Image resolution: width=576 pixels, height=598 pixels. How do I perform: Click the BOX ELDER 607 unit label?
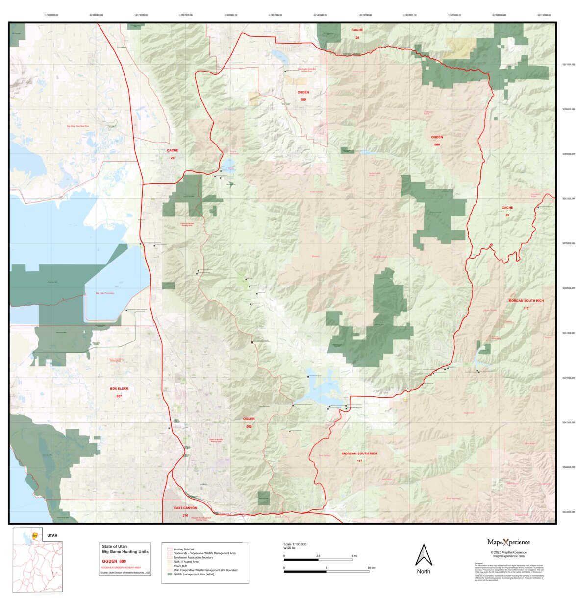119,392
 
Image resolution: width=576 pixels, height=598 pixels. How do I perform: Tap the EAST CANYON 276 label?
185,511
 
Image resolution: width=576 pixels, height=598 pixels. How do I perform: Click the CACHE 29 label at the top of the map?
357,33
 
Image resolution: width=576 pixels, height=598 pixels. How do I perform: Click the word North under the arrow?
424,571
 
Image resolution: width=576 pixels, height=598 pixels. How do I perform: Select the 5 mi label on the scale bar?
354,556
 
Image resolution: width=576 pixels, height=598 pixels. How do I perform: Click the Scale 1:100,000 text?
295,544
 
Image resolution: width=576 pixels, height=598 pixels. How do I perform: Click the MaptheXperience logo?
508,542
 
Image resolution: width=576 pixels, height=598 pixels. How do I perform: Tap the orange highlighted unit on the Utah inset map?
35,535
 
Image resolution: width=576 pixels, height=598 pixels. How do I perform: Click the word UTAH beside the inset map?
52,535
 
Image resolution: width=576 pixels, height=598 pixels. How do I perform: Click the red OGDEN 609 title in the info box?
114,561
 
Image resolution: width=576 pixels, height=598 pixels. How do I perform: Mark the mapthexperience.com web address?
508,556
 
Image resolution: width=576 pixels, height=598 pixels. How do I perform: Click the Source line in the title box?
125,572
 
